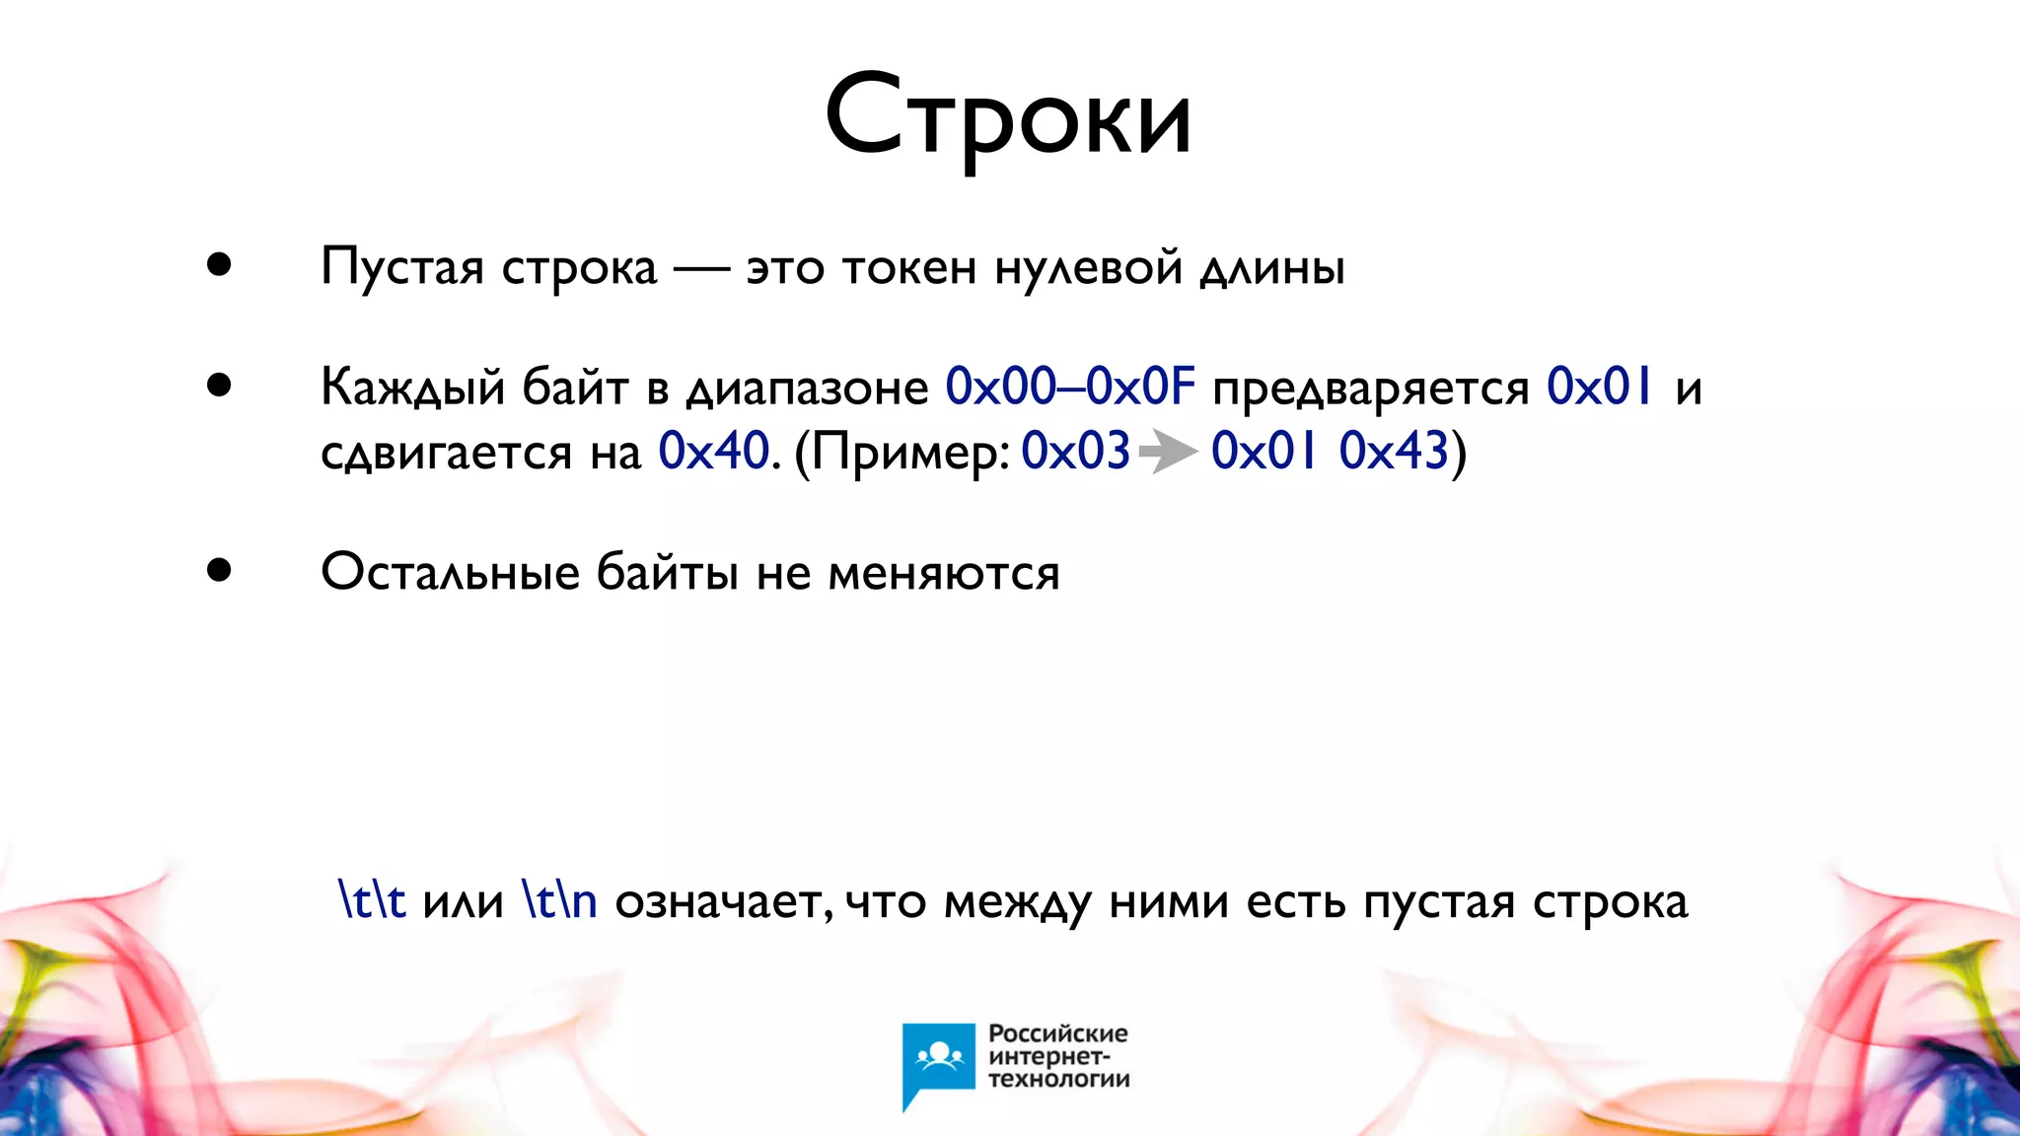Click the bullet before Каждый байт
(x=219, y=386)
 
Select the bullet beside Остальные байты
(x=219, y=570)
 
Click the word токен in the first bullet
(x=908, y=267)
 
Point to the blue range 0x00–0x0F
(x=1070, y=387)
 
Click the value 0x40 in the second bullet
(x=713, y=452)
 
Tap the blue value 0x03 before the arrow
(x=1075, y=452)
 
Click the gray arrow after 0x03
(x=1168, y=453)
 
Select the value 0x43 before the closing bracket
(x=1393, y=452)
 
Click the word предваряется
(x=1370, y=389)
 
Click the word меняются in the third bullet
(x=943, y=573)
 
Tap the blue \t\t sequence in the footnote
(x=372, y=900)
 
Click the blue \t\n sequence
(x=559, y=900)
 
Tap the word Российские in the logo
(x=1057, y=1033)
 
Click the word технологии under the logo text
(x=1058, y=1080)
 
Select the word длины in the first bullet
(x=1272, y=267)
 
